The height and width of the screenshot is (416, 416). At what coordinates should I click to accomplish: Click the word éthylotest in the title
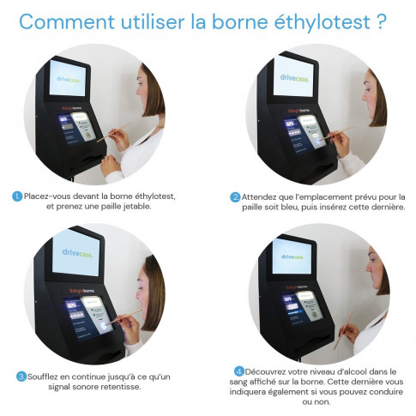(x=314, y=21)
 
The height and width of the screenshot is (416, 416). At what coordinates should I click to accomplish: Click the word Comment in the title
(x=66, y=21)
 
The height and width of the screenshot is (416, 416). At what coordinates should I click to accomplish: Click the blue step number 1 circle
(x=17, y=196)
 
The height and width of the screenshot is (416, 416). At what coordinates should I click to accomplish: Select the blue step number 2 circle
(x=235, y=196)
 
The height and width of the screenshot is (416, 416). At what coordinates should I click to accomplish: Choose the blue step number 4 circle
(x=239, y=371)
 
